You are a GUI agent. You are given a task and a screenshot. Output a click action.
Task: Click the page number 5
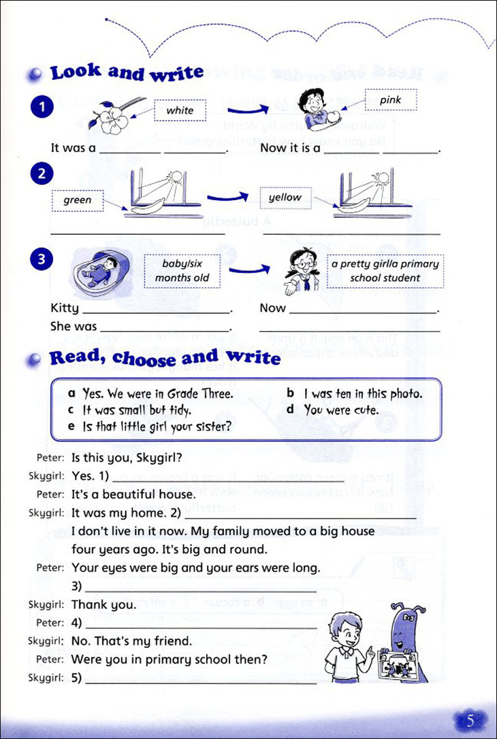tap(470, 720)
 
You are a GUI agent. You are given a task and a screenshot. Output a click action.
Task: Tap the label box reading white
tap(180, 110)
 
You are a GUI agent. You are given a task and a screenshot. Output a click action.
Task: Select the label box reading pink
tap(390, 101)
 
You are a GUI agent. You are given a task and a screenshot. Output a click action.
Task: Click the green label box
tap(77, 200)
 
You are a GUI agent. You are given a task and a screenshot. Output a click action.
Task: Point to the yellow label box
tap(285, 197)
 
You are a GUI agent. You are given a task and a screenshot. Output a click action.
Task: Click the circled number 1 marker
tap(42, 108)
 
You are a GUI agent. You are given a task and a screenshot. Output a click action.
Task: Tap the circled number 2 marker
tap(42, 174)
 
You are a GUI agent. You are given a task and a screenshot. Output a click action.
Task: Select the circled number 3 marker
tap(42, 259)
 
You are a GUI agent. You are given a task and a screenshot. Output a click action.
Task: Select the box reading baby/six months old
tap(182, 271)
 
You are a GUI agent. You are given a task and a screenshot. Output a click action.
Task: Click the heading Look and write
tap(127, 72)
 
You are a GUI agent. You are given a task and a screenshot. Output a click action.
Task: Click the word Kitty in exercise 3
tap(65, 308)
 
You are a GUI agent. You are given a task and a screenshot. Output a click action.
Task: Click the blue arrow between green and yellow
tap(227, 197)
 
